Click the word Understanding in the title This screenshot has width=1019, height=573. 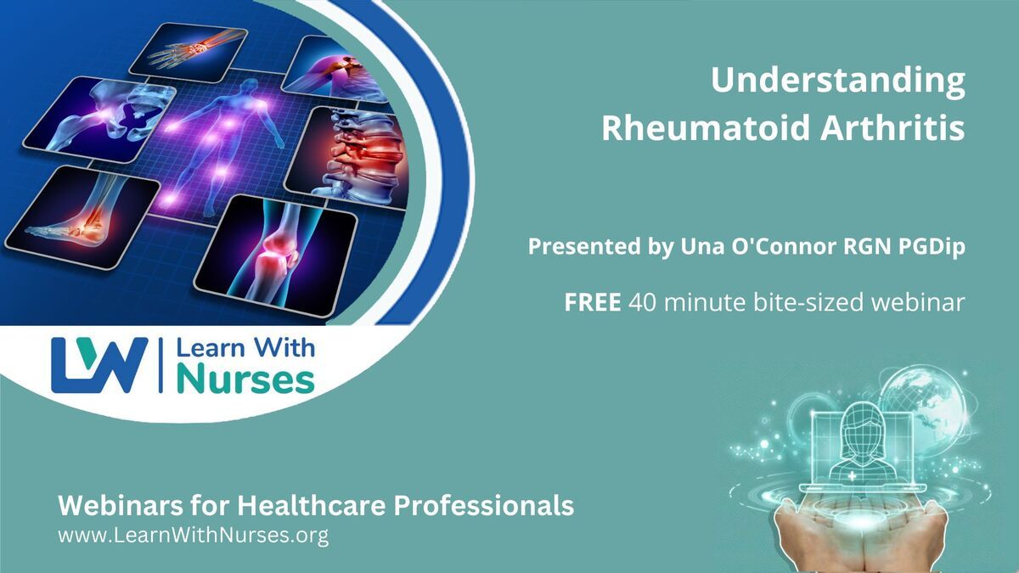(x=838, y=81)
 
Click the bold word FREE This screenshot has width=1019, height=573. (x=593, y=302)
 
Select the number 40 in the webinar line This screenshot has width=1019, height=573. (x=642, y=302)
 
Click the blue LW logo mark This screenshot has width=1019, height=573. (x=99, y=365)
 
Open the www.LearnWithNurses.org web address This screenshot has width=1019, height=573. (x=194, y=536)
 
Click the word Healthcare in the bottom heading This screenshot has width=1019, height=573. (x=312, y=505)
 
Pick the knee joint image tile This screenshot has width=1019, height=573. (x=276, y=256)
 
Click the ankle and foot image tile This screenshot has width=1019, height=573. (x=83, y=217)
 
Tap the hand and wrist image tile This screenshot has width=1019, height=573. (x=189, y=53)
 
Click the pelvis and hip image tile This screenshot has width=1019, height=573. (x=99, y=120)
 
